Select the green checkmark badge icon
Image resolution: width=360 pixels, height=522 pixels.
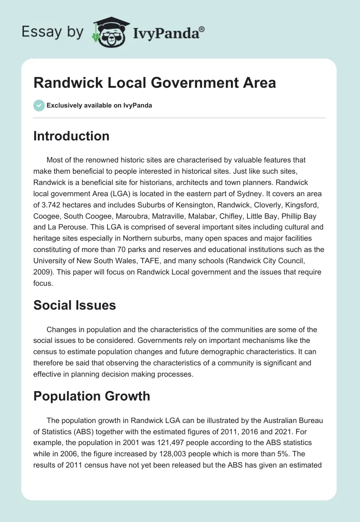(39, 105)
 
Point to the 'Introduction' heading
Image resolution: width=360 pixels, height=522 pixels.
(71, 136)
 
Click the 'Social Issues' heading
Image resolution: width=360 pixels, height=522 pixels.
(74, 305)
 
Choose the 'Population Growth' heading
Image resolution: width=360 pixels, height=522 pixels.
(91, 396)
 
